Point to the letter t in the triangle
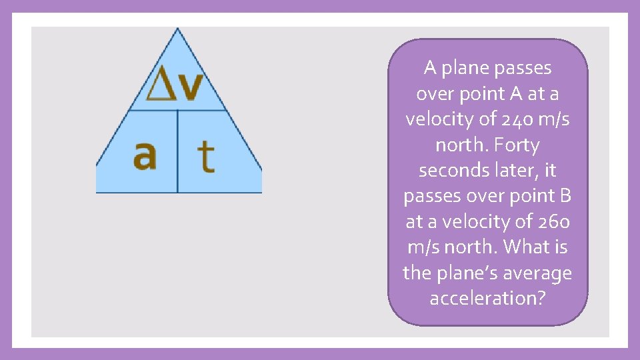point(207,157)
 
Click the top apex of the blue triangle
point(177,30)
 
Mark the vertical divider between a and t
point(177,151)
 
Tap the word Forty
point(513,145)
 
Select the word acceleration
point(482,298)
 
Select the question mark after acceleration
point(540,298)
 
